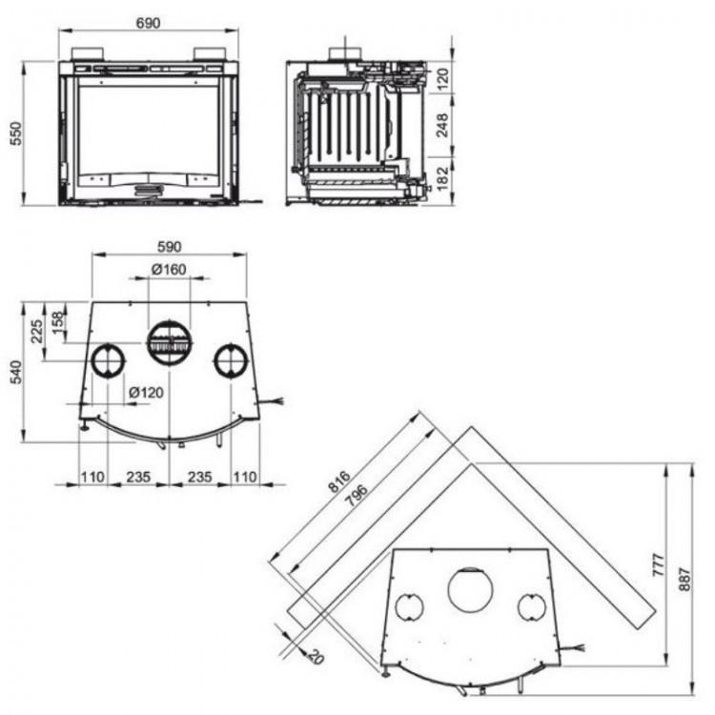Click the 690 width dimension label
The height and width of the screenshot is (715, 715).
(x=148, y=23)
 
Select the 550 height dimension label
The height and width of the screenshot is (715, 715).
(x=16, y=133)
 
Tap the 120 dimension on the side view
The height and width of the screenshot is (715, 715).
(x=442, y=78)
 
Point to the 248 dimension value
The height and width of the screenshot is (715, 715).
(x=442, y=125)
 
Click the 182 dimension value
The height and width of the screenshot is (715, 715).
(x=442, y=179)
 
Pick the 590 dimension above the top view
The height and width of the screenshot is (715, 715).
(x=169, y=247)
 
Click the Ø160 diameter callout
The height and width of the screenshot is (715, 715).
(x=169, y=270)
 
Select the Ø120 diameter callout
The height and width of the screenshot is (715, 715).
(x=146, y=392)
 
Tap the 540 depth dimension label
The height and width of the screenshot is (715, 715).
(x=16, y=372)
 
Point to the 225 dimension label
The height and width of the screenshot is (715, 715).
(x=36, y=332)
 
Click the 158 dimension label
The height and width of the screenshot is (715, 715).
(x=58, y=322)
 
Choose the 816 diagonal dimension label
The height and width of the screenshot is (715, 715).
(x=339, y=481)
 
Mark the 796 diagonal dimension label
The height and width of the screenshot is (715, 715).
(x=357, y=495)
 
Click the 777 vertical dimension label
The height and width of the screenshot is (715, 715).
(x=659, y=565)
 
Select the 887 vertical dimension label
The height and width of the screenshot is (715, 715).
(x=684, y=579)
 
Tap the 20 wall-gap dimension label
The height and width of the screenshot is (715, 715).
(x=316, y=657)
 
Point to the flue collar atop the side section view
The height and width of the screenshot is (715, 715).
(x=346, y=54)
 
